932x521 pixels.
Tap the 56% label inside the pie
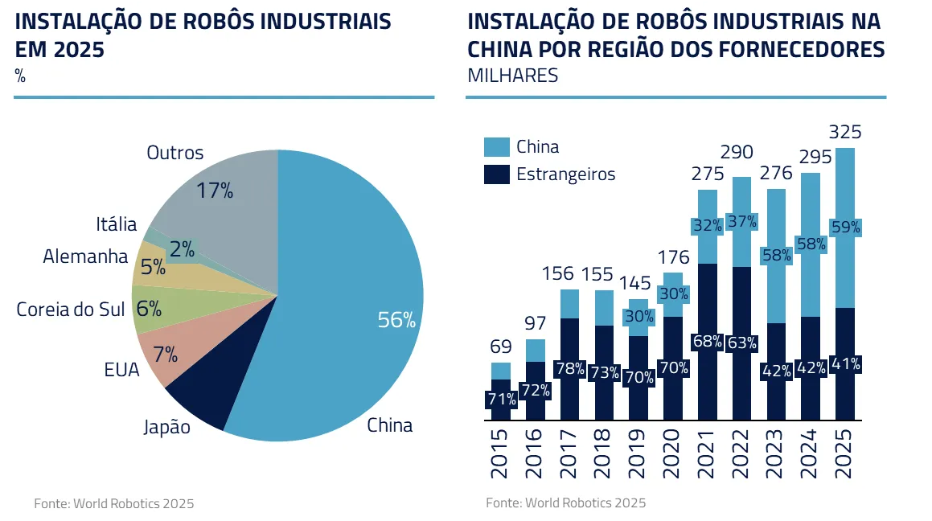[396, 320]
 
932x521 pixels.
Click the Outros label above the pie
[175, 153]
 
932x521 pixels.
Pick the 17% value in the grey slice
[215, 191]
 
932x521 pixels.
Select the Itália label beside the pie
[117, 224]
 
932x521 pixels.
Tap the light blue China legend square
[497, 147]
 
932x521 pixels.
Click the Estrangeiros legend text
[565, 174]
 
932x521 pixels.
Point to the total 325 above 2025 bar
[845, 132]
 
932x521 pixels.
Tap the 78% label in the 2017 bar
[569, 369]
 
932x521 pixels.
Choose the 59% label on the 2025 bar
[845, 228]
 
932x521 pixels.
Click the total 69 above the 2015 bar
[501, 347]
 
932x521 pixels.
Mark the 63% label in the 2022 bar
[741, 343]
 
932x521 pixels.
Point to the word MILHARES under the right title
[513, 76]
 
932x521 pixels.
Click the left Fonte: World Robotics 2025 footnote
[113, 504]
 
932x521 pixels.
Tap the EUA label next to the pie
[122, 370]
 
